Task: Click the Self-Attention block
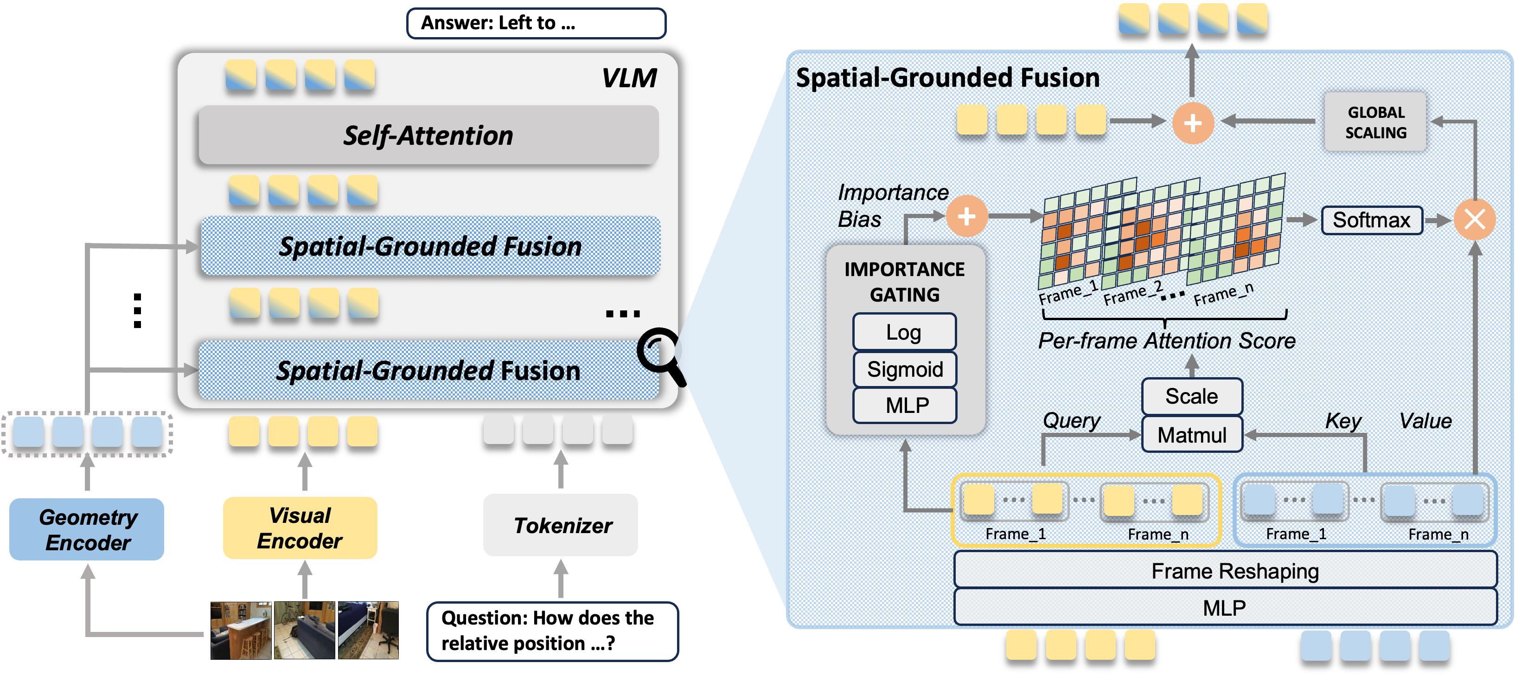(x=428, y=135)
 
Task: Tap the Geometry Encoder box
(x=87, y=529)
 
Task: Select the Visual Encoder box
(x=300, y=528)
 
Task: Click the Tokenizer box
(x=561, y=525)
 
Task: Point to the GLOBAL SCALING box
(x=1375, y=122)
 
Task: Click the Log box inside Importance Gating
(x=904, y=332)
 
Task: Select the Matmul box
(x=1191, y=435)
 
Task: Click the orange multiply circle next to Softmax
(x=1474, y=220)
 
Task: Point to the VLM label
(x=628, y=77)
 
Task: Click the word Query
(x=1071, y=420)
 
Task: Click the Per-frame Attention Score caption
(x=1166, y=341)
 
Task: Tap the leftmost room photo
(x=241, y=630)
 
